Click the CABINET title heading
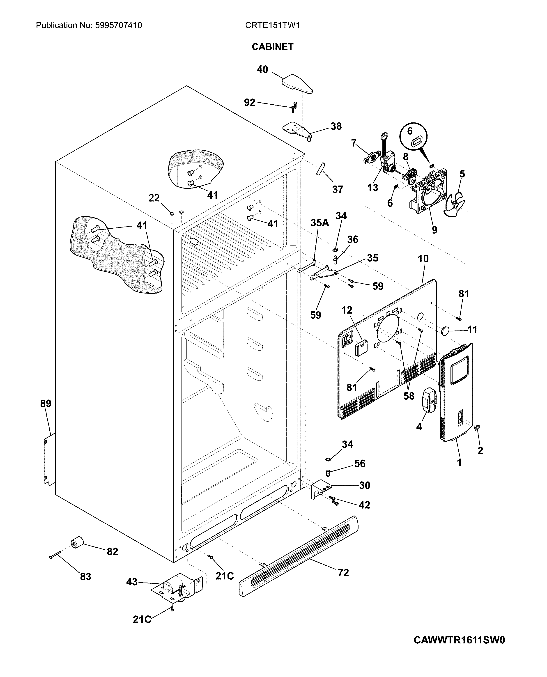pos(273,47)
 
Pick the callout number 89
pos(46,404)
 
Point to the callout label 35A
pos(320,223)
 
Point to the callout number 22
pos(154,198)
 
